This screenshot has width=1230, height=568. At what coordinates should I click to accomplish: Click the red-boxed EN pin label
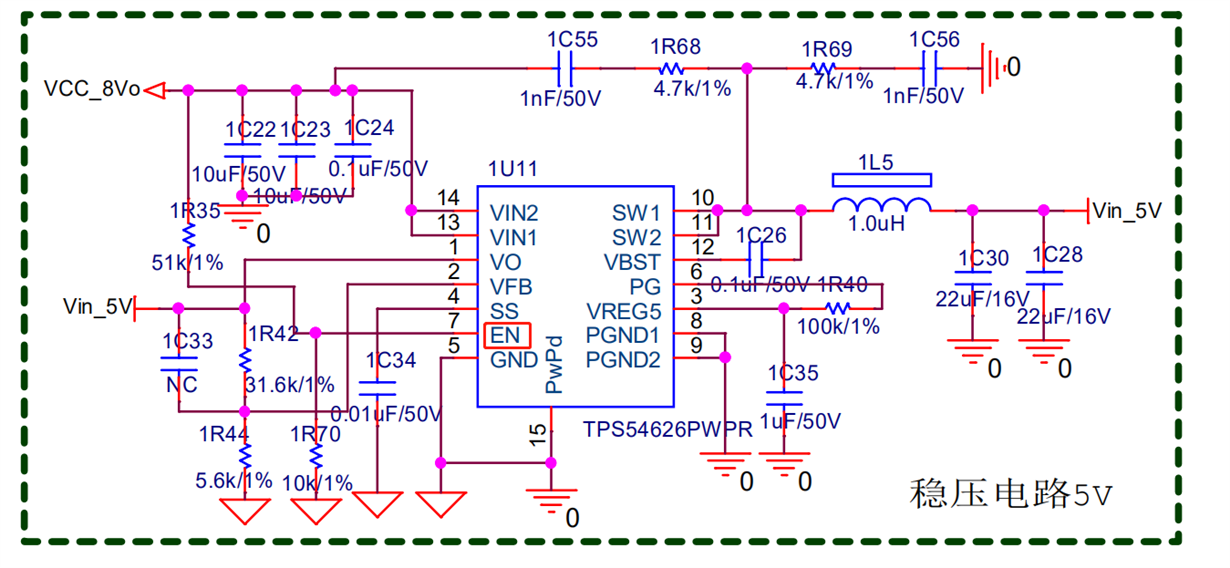[507, 335]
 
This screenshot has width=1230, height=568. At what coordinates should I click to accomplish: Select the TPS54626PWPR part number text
[667, 430]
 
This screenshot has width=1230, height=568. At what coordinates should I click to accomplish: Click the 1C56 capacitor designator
[934, 40]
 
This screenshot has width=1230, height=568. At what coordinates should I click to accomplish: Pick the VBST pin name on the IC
[632, 262]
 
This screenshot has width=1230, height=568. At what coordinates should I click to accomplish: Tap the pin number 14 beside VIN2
[448, 198]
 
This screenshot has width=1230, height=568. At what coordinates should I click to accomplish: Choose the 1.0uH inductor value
[877, 225]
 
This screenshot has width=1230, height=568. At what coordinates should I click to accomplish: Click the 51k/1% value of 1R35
[187, 263]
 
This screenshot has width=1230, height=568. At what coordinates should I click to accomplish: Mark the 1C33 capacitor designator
[187, 341]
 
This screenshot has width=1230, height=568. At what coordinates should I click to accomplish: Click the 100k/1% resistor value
[838, 326]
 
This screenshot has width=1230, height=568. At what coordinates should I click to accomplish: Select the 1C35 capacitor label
[793, 373]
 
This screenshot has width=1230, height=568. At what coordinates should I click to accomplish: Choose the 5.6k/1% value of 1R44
[234, 480]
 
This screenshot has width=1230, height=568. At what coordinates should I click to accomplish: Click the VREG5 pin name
[624, 311]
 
